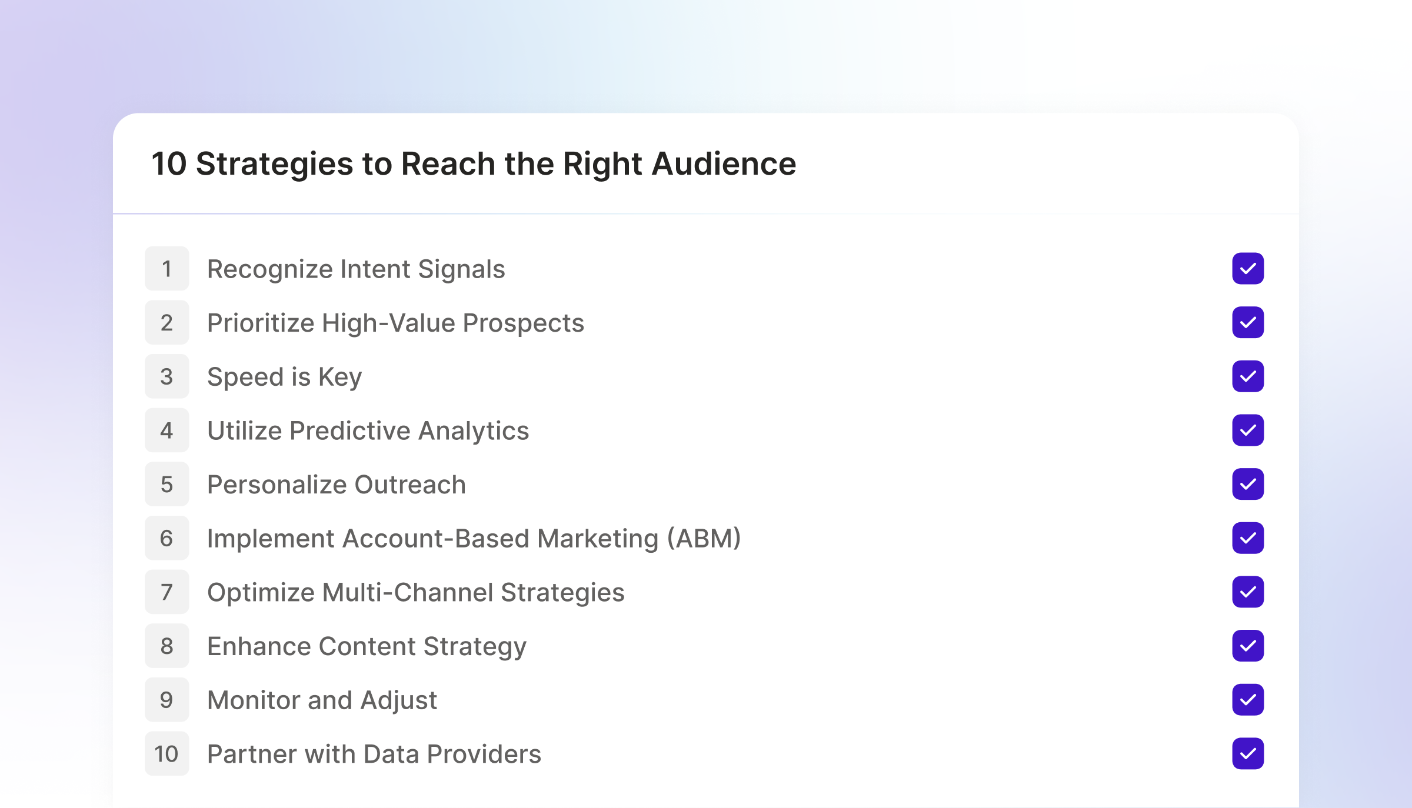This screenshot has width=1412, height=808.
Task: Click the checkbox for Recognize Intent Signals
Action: pos(1248,269)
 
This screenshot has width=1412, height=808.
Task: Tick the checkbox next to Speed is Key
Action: pos(1248,376)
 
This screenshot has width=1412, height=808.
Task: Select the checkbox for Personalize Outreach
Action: pos(1248,484)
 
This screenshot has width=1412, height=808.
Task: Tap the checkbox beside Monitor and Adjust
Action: pos(1248,700)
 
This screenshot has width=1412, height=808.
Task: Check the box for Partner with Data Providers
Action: pos(1248,753)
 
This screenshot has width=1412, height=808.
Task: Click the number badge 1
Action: pos(167,269)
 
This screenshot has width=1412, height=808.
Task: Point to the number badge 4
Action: pos(167,430)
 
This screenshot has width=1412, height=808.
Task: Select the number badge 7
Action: pos(167,592)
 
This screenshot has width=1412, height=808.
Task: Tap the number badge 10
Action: pos(167,754)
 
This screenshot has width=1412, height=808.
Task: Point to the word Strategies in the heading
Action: pos(274,163)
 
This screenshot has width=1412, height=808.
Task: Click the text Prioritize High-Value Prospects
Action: pos(395,323)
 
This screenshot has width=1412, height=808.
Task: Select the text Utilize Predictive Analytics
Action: pos(368,430)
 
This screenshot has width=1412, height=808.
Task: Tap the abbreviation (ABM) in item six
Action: pos(704,538)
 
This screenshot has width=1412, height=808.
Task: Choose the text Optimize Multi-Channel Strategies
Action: pos(415,592)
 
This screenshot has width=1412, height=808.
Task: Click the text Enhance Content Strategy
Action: pos(367,646)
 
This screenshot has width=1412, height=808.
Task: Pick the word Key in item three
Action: pos(340,377)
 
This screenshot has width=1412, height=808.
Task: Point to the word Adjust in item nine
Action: pos(399,700)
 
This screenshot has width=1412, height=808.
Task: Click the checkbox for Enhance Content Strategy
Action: pos(1248,646)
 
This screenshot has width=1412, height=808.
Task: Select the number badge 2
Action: pos(167,323)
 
